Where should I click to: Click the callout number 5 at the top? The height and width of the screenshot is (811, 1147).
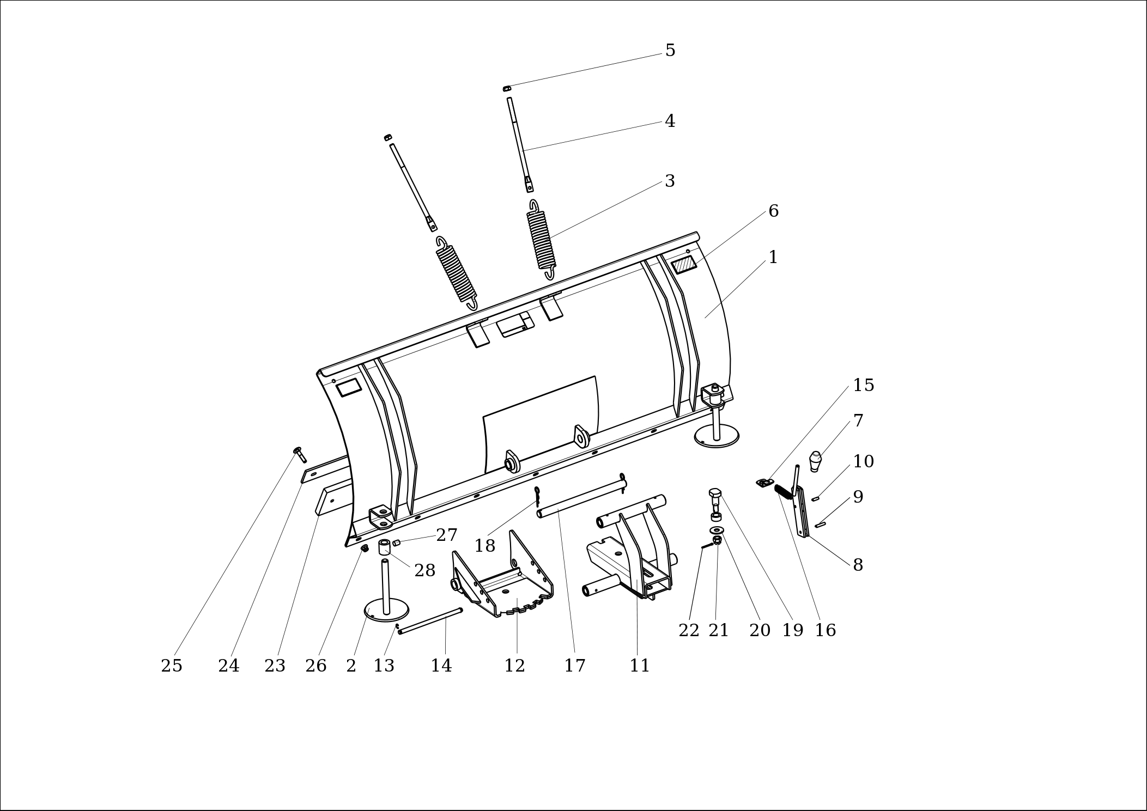pyautogui.click(x=670, y=50)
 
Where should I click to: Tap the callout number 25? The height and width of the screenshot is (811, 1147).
pyautogui.click(x=172, y=666)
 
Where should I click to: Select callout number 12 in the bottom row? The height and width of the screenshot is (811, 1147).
pyautogui.click(x=514, y=666)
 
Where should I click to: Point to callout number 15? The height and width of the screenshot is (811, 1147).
pyautogui.click(x=863, y=385)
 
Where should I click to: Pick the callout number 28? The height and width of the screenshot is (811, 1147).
pyautogui.click(x=424, y=570)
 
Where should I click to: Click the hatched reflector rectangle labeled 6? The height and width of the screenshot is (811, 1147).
pyautogui.click(x=684, y=265)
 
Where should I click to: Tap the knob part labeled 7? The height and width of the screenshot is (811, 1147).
pyautogui.click(x=815, y=461)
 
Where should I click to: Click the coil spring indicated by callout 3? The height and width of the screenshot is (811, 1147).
pyautogui.click(x=541, y=240)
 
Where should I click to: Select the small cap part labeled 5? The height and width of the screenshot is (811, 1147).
pyautogui.click(x=507, y=88)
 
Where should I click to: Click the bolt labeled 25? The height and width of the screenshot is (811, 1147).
pyautogui.click(x=300, y=455)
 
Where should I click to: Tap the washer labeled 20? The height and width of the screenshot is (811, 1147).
pyautogui.click(x=717, y=530)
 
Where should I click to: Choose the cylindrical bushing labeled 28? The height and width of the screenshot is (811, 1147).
pyautogui.click(x=384, y=547)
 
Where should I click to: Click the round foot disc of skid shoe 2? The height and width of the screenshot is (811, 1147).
pyautogui.click(x=386, y=610)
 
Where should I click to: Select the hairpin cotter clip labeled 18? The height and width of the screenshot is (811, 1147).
pyautogui.click(x=537, y=496)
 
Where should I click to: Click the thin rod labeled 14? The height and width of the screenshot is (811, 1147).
pyautogui.click(x=430, y=621)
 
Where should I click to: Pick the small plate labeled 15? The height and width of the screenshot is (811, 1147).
pyautogui.click(x=764, y=483)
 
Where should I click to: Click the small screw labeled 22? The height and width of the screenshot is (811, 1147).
pyautogui.click(x=707, y=546)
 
